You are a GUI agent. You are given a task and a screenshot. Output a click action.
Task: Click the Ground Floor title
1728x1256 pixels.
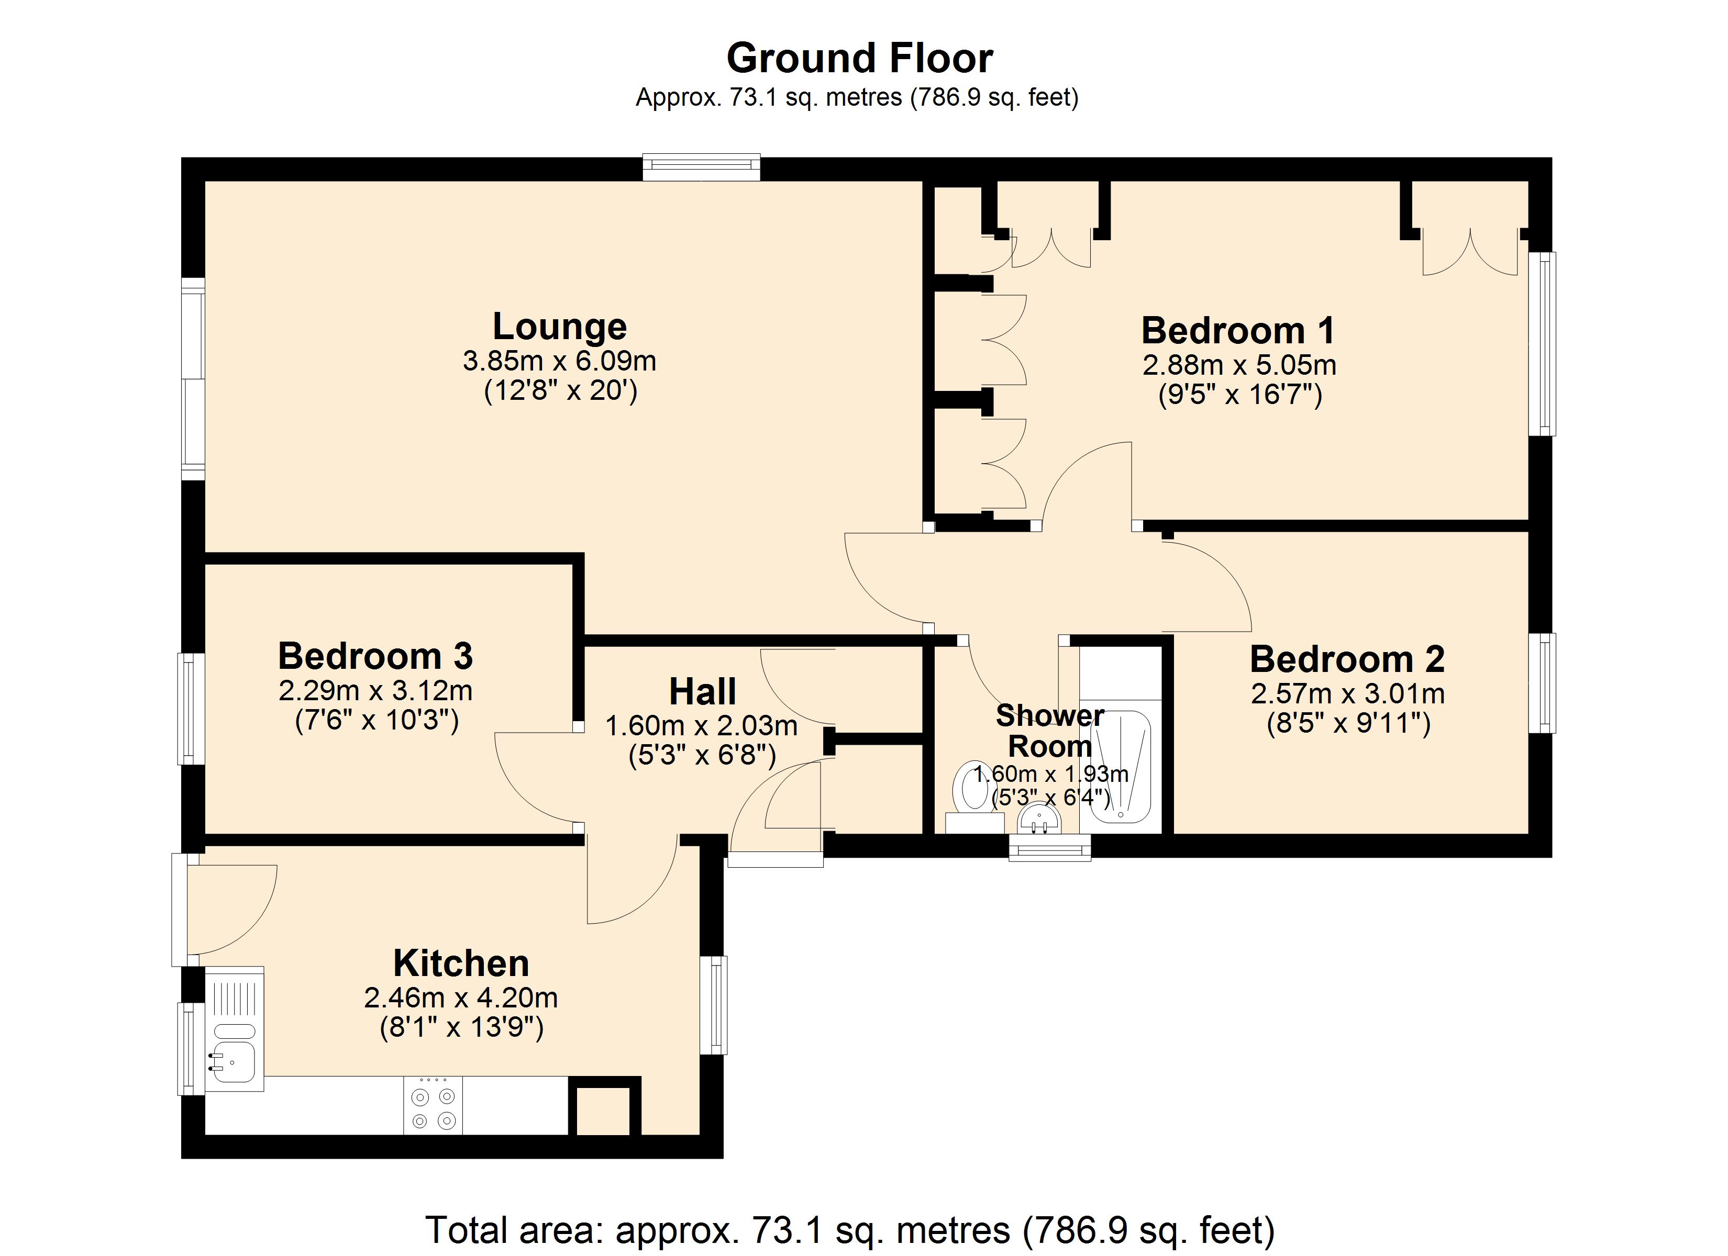(x=859, y=59)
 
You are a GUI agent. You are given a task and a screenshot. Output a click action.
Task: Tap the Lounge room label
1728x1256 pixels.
(x=559, y=327)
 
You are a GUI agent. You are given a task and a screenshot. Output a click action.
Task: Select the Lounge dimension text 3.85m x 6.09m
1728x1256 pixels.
(x=559, y=361)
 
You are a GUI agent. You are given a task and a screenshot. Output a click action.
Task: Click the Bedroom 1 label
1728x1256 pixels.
(x=1238, y=331)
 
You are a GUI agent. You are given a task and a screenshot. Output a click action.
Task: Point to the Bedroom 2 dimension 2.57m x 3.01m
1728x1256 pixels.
(x=1347, y=694)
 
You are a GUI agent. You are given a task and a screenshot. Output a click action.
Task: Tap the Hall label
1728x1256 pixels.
(x=702, y=692)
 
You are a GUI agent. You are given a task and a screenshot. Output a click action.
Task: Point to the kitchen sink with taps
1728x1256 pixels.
(x=233, y=1060)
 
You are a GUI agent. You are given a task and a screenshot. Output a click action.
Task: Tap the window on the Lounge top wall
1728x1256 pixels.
(x=701, y=167)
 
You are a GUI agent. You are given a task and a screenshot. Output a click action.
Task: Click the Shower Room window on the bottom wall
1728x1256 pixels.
(x=1049, y=848)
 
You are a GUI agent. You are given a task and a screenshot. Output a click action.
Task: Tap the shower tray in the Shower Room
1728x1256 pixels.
(x=1119, y=766)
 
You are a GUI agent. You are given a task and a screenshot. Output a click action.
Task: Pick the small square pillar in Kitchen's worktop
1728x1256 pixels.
(x=603, y=1111)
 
